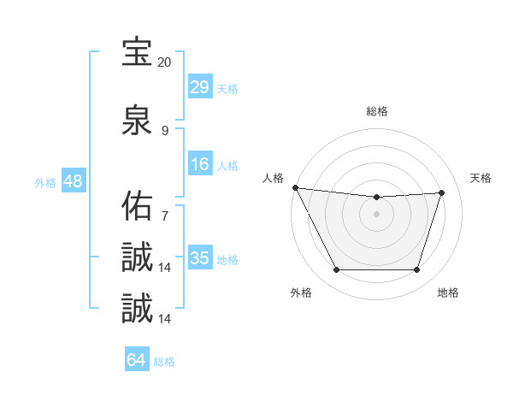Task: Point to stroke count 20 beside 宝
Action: click(164, 62)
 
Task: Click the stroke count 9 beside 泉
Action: click(165, 131)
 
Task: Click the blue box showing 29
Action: click(200, 87)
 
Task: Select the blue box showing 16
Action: click(200, 164)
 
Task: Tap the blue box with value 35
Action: click(200, 258)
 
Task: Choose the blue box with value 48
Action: click(73, 181)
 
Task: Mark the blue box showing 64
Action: click(137, 361)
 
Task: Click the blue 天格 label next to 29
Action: click(227, 88)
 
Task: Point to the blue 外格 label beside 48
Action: click(45, 182)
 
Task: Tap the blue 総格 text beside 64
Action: click(164, 362)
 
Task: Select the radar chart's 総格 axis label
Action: click(377, 111)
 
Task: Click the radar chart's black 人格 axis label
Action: click(272, 178)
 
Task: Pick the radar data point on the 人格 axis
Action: click(295, 187)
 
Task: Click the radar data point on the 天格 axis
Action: click(442, 192)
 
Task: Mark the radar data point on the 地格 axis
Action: click(417, 270)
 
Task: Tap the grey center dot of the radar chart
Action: click(377, 214)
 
